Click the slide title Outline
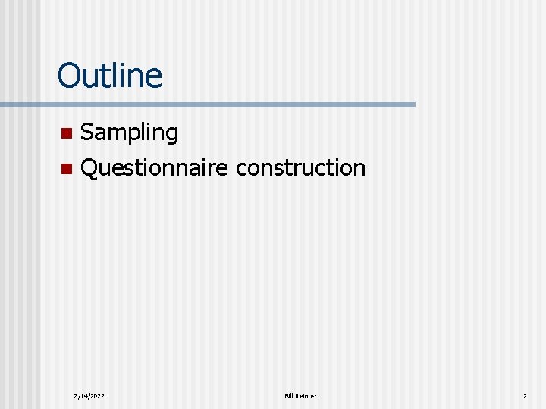109,76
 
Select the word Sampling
129,133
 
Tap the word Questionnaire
154,168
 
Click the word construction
300,168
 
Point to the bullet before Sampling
66,134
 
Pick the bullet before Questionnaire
66,168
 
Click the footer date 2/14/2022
89,396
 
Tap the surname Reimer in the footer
306,396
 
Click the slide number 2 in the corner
524,396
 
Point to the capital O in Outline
68,76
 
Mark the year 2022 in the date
97,396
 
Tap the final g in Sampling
171,136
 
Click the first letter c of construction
240,169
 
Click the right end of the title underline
414,104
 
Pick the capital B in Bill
286,396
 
